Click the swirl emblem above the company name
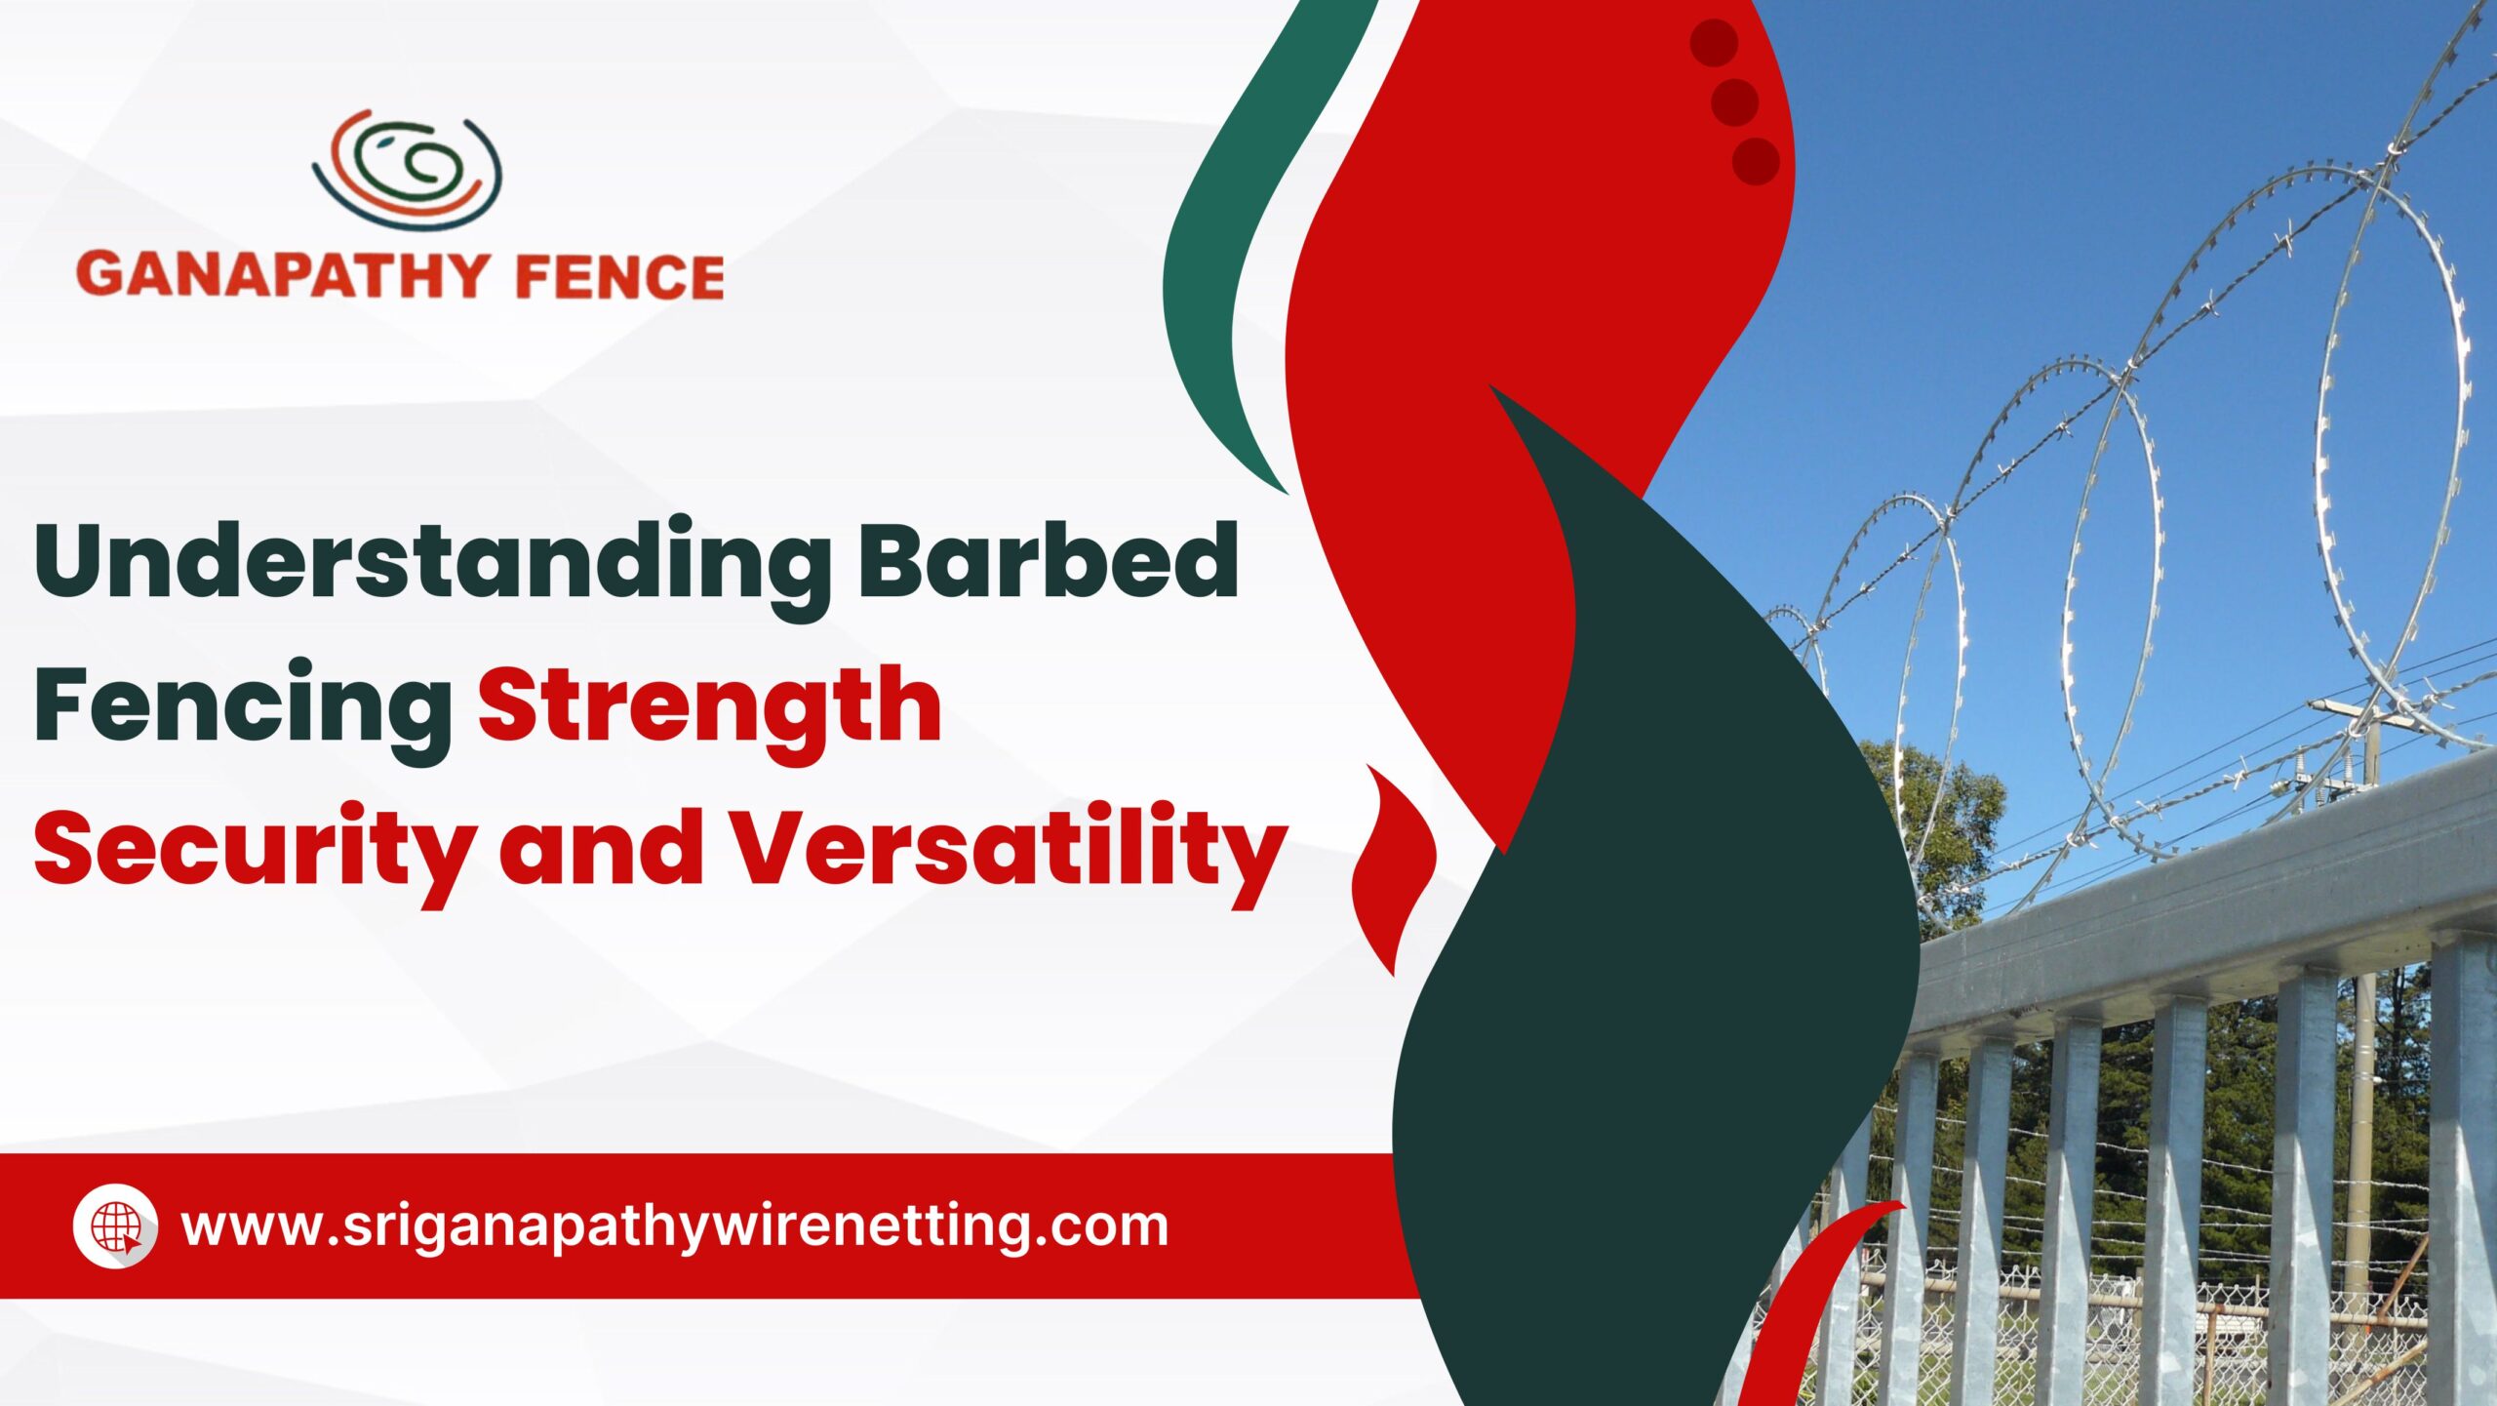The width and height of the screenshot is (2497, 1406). click(407, 170)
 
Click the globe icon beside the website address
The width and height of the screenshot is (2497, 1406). click(116, 1226)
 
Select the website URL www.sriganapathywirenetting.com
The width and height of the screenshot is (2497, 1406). click(675, 1227)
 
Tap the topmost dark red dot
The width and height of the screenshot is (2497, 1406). click(1714, 42)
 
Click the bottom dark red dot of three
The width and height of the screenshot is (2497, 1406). click(1756, 161)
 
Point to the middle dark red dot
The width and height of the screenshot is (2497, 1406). click(1734, 100)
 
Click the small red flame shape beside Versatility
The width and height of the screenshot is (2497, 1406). click(1393, 868)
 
